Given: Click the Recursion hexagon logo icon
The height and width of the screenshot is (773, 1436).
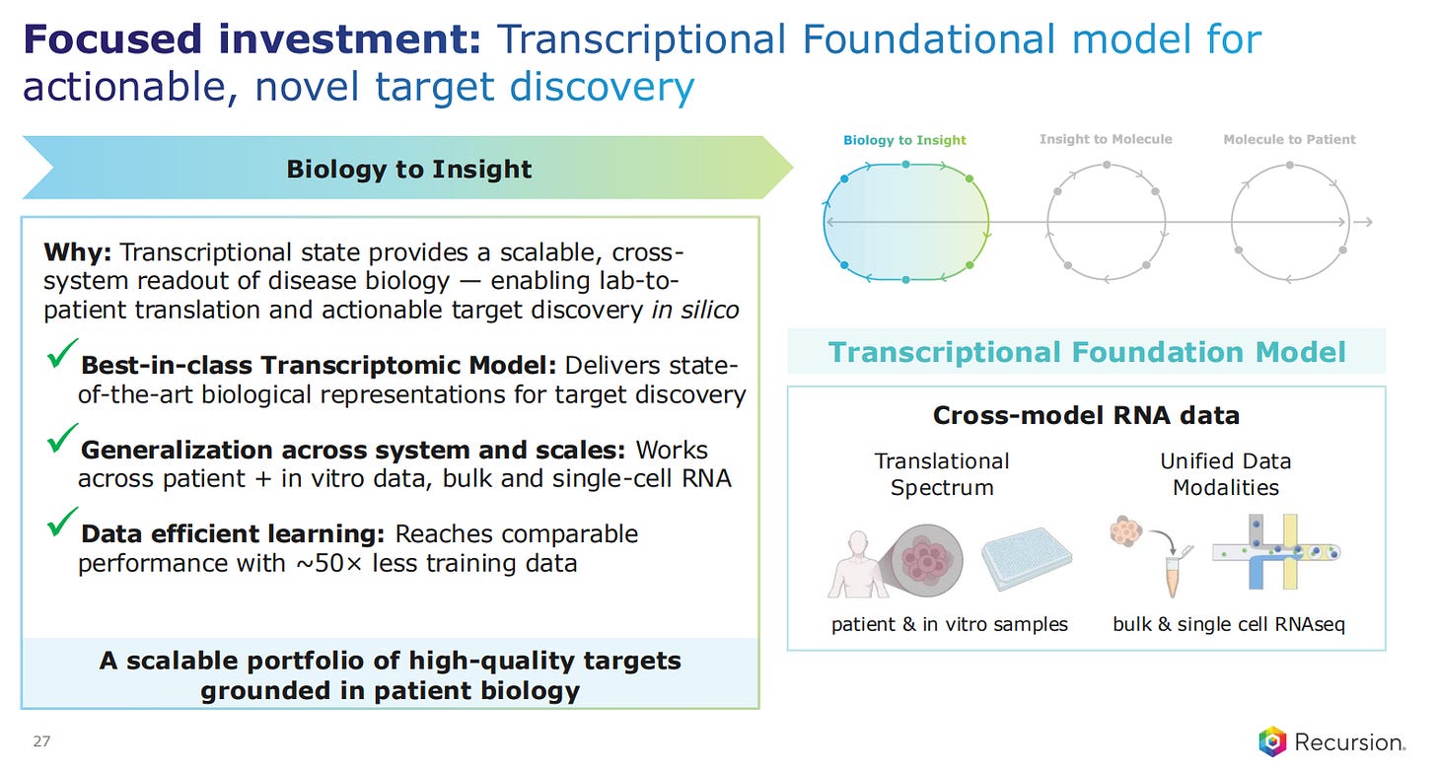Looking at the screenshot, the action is coord(1272,741).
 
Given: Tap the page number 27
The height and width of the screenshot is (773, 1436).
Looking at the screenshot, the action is coord(41,741).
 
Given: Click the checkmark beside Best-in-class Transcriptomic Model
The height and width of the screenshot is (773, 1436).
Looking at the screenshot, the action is coord(62,353).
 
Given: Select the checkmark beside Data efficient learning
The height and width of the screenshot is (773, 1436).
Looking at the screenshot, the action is coord(62,522).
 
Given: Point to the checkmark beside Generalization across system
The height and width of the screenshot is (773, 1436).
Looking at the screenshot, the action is coord(62,438).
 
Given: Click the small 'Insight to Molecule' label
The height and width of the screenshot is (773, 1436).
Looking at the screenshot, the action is coord(1106,139).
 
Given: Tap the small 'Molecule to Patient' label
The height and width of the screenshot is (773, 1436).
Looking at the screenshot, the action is coord(1289,139).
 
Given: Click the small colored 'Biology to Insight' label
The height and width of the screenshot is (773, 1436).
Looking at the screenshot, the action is coord(903,140).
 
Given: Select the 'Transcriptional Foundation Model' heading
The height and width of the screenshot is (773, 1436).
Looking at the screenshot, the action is coord(1087,352).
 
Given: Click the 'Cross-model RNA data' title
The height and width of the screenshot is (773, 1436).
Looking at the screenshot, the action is coord(1086,415).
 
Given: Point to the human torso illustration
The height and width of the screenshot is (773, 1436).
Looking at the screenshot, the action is coord(858,564).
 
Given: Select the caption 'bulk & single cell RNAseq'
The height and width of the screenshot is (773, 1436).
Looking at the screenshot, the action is coord(1228,624).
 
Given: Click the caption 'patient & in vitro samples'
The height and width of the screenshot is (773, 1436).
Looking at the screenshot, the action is coord(950,624).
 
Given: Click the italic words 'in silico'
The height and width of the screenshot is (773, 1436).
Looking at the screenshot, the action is coord(695,311).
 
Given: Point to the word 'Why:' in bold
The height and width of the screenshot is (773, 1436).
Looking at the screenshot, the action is coord(78,252).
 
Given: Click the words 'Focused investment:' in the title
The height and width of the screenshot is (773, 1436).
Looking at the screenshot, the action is coord(251,39).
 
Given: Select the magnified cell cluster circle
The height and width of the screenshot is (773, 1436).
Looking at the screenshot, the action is coord(926,560).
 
